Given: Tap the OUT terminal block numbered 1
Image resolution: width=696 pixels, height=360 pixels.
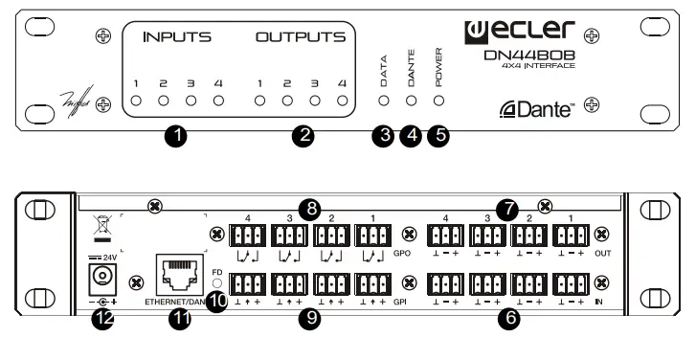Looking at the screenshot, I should tap(572, 235).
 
